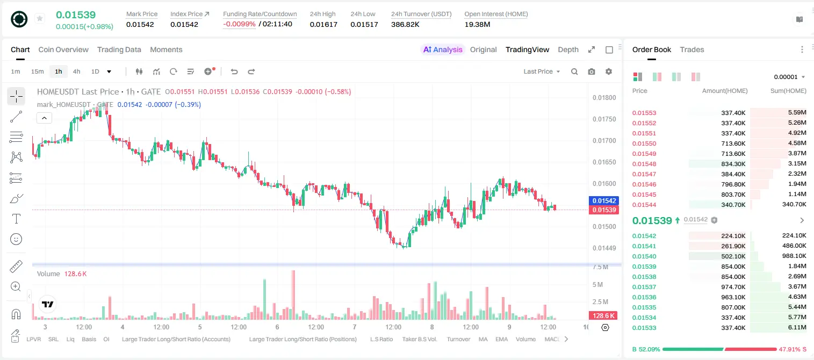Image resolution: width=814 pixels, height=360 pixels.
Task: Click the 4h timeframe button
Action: point(76,71)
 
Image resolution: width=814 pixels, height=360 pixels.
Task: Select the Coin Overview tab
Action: point(63,49)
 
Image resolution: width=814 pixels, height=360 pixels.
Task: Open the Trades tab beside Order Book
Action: point(691,49)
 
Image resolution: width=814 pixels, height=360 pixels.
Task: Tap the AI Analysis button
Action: point(443,49)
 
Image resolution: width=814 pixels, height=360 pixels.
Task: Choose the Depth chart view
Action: point(568,49)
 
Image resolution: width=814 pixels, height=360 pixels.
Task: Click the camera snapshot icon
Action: point(591,71)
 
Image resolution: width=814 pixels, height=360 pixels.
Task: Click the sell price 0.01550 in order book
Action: point(644,143)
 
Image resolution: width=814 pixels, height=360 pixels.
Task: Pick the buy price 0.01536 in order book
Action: point(644,297)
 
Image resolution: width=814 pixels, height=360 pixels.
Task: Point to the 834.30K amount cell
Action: point(733,164)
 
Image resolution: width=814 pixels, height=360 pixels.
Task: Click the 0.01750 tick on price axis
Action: point(604,119)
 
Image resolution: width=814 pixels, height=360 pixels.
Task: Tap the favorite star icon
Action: point(40,18)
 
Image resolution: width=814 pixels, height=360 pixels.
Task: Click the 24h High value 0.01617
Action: point(323,24)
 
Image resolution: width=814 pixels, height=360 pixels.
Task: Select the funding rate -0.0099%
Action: point(239,24)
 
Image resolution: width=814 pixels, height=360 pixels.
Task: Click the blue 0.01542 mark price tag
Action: point(603,200)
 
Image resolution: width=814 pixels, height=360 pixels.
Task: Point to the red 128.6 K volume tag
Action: point(603,316)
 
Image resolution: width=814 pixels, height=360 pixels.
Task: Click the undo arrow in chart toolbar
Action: point(234,71)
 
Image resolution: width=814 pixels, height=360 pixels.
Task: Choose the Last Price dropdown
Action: point(542,71)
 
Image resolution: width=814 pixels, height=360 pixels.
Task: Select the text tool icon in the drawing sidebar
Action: point(16,219)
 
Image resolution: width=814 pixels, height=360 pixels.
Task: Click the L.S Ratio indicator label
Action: point(381,339)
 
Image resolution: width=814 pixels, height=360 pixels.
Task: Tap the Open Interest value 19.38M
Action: point(477,24)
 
